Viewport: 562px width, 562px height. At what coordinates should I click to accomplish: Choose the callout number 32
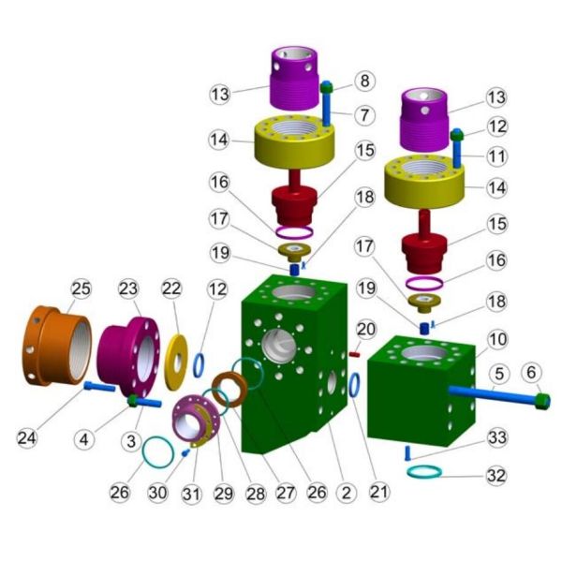(x=496, y=476)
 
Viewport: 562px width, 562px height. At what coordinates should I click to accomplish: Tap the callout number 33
(x=497, y=438)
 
